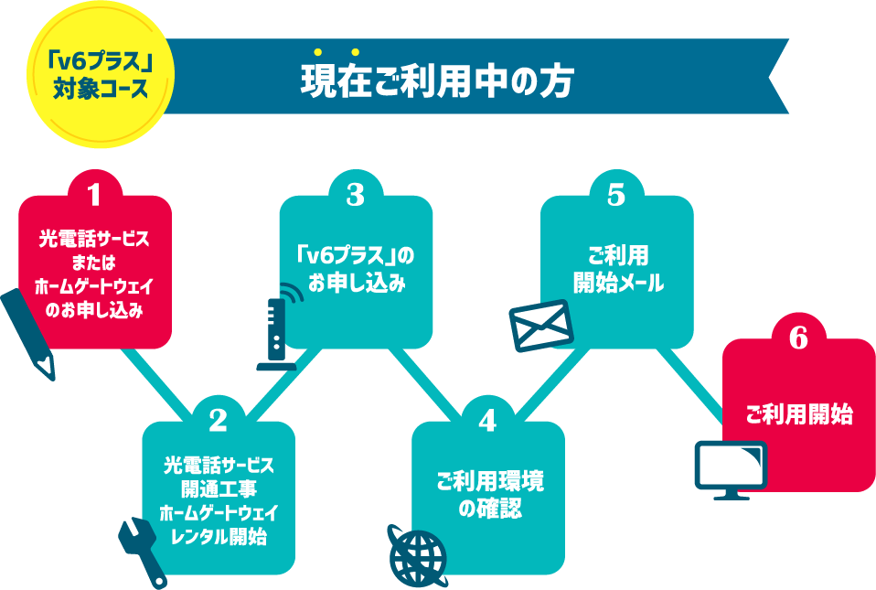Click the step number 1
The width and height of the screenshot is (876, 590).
coord(93,194)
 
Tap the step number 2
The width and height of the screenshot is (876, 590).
coord(218,420)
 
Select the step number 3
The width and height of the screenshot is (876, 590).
coord(355,194)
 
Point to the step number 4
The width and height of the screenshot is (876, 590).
coord(487,420)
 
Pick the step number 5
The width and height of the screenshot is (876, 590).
coord(615,194)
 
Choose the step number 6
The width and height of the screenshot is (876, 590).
coord(798,338)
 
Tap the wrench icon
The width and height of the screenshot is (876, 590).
coord(143,550)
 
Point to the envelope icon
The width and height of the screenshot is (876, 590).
coord(540,325)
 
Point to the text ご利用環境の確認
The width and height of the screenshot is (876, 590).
coord(488,495)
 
